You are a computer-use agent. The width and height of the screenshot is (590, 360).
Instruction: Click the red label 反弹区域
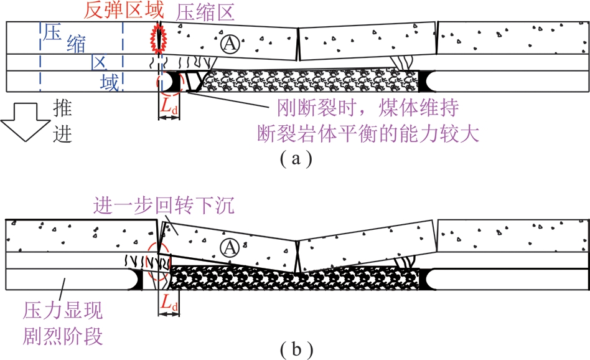[124, 10]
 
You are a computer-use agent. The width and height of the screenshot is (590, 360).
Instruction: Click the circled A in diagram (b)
[230, 248]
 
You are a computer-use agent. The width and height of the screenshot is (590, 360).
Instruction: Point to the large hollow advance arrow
[26, 122]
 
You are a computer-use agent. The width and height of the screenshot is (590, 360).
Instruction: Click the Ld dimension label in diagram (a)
[169, 107]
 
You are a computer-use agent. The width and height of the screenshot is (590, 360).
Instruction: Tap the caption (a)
[296, 159]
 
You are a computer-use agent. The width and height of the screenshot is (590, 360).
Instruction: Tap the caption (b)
[296, 349]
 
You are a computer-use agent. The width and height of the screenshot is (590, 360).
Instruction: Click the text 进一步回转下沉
[164, 206]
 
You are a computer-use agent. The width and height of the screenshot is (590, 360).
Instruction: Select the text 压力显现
[62, 311]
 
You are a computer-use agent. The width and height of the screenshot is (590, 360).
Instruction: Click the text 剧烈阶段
[62, 336]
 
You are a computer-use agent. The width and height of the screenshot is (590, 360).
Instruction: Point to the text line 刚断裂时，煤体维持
[368, 108]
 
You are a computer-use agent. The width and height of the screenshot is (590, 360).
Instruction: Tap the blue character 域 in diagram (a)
[110, 82]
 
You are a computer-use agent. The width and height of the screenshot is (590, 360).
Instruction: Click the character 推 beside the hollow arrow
[62, 109]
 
